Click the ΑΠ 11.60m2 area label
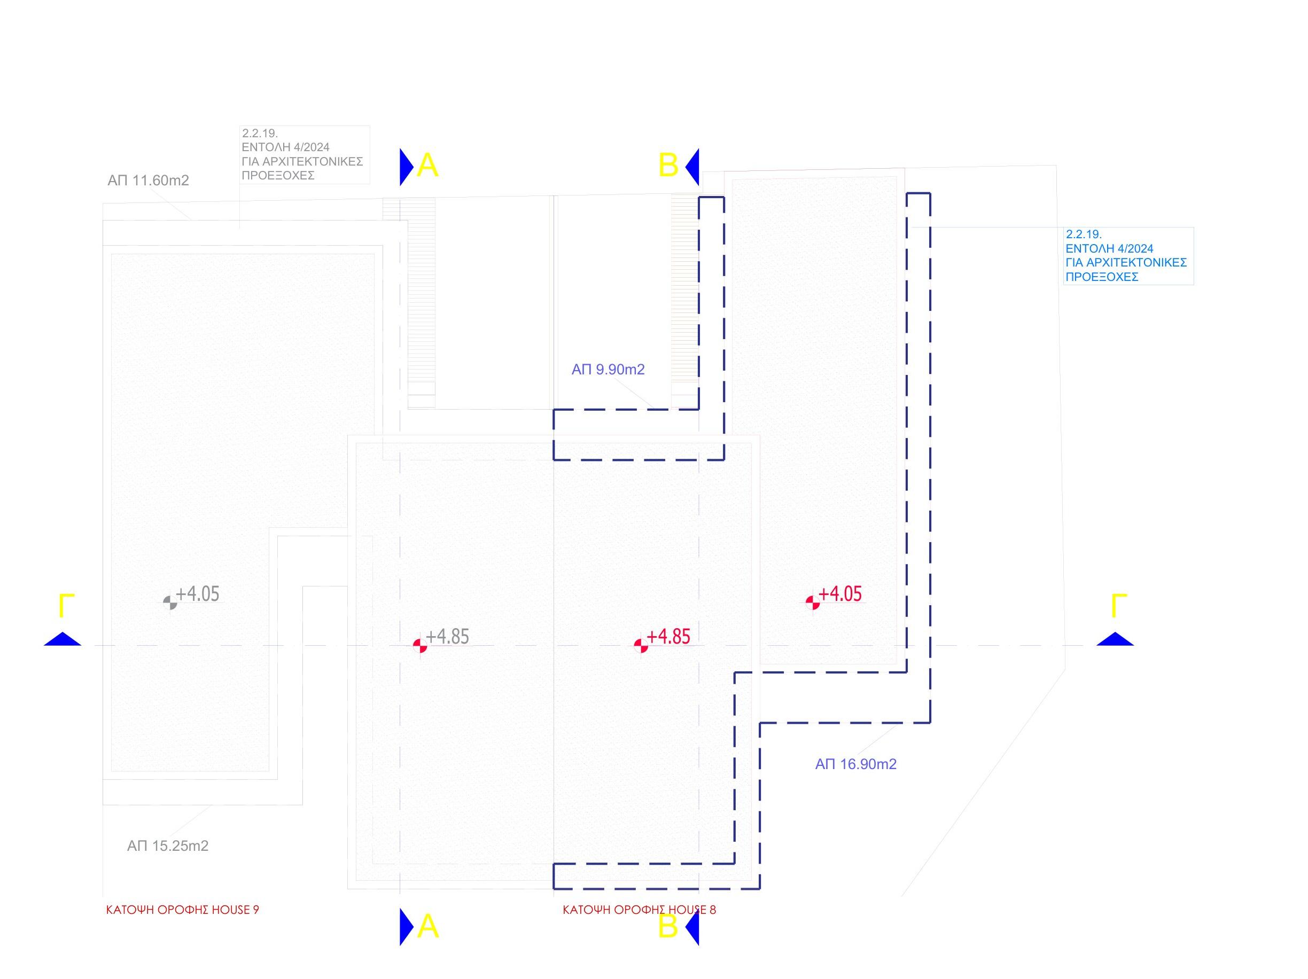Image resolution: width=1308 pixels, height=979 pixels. [x=148, y=181]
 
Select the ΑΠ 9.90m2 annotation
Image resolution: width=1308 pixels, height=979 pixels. [x=608, y=370]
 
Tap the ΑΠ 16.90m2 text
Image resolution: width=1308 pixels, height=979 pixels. [x=855, y=764]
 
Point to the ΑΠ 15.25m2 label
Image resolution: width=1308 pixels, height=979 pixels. [x=167, y=846]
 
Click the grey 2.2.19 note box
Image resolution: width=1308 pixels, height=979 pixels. [x=305, y=155]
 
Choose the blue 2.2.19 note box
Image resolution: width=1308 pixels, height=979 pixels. [x=1128, y=256]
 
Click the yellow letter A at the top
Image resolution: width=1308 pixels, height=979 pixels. [x=427, y=166]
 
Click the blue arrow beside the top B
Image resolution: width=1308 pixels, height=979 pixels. [x=692, y=167]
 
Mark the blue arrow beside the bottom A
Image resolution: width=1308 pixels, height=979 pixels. [x=407, y=927]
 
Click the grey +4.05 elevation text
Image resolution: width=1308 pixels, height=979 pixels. [x=198, y=593]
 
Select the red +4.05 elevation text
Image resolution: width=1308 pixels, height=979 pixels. [x=840, y=593]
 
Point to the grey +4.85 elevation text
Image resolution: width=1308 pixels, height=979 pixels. [x=448, y=636]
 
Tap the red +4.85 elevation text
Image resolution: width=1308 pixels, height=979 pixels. [x=669, y=636]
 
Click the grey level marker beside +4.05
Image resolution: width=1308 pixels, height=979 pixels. [x=170, y=602]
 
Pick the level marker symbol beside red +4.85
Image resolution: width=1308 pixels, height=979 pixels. [x=641, y=646]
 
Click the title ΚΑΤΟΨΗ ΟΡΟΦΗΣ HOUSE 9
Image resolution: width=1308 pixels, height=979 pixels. [x=183, y=910]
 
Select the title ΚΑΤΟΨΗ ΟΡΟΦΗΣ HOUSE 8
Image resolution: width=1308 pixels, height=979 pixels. [x=639, y=910]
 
